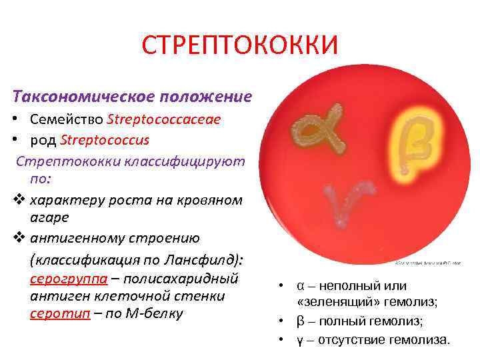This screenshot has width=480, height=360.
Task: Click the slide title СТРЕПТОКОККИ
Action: (240, 45)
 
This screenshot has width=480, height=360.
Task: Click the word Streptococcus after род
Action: (104, 141)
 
